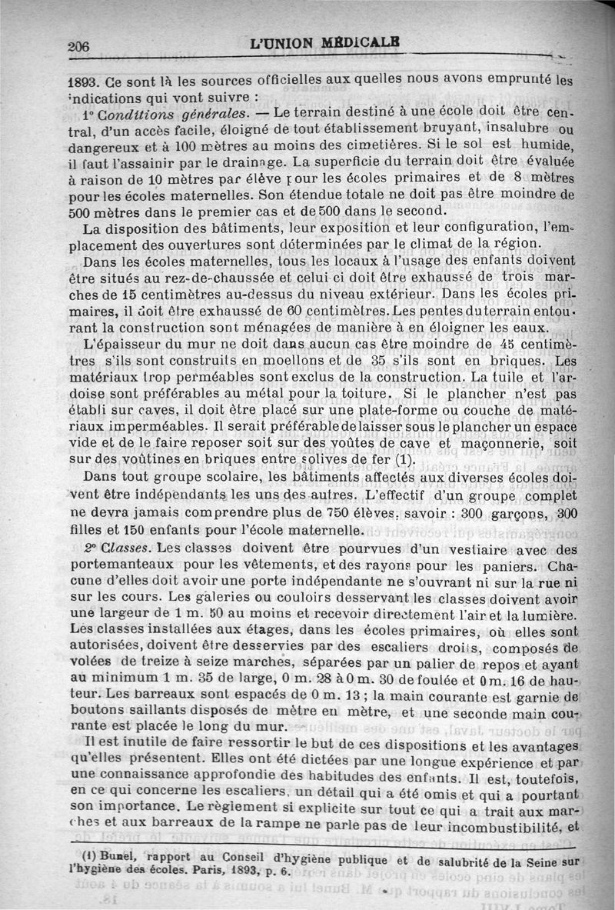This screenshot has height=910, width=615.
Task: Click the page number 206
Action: click(78, 46)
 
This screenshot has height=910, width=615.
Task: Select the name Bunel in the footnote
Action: click(107, 858)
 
